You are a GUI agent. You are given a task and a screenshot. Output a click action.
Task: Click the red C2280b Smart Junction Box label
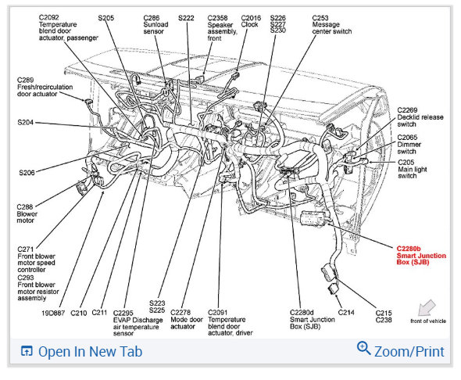point(421,256)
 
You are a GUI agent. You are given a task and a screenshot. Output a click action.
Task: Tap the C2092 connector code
point(48,18)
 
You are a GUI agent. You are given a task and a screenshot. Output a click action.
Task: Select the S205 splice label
point(105,18)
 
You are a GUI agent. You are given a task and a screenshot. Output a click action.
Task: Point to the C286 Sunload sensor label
point(155,24)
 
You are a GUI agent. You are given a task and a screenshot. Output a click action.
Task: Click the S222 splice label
point(186,18)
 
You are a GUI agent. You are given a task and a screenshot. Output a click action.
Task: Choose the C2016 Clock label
point(251,21)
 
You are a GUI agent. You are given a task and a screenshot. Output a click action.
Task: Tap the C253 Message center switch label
point(331,24)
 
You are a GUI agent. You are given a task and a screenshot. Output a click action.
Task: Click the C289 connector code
point(25,80)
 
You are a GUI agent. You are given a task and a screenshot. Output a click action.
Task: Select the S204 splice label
point(25,122)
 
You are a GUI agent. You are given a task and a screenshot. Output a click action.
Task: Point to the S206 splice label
point(27,173)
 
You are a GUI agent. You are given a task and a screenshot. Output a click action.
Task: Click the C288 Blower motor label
point(27,213)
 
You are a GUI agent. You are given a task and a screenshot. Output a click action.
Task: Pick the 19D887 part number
point(53,313)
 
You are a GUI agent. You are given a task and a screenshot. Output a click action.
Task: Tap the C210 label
point(78,313)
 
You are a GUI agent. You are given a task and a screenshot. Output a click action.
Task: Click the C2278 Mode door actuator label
point(187,320)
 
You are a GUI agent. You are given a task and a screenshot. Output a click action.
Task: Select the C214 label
point(346,312)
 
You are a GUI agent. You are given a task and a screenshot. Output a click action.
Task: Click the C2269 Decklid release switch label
point(420,117)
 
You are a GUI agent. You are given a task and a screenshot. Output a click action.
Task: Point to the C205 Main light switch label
point(413,169)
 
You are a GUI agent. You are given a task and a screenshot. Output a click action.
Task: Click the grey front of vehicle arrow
point(427,307)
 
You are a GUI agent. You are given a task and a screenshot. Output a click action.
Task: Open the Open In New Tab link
point(81,352)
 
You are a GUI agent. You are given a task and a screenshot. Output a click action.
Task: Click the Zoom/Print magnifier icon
point(363,348)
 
